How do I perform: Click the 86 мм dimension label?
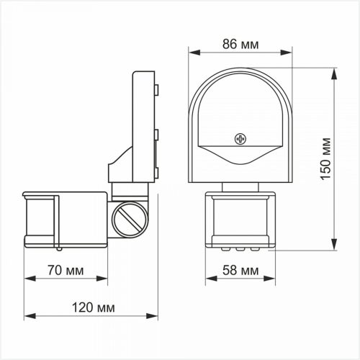click(240, 45)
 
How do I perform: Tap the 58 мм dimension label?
click(240, 270)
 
